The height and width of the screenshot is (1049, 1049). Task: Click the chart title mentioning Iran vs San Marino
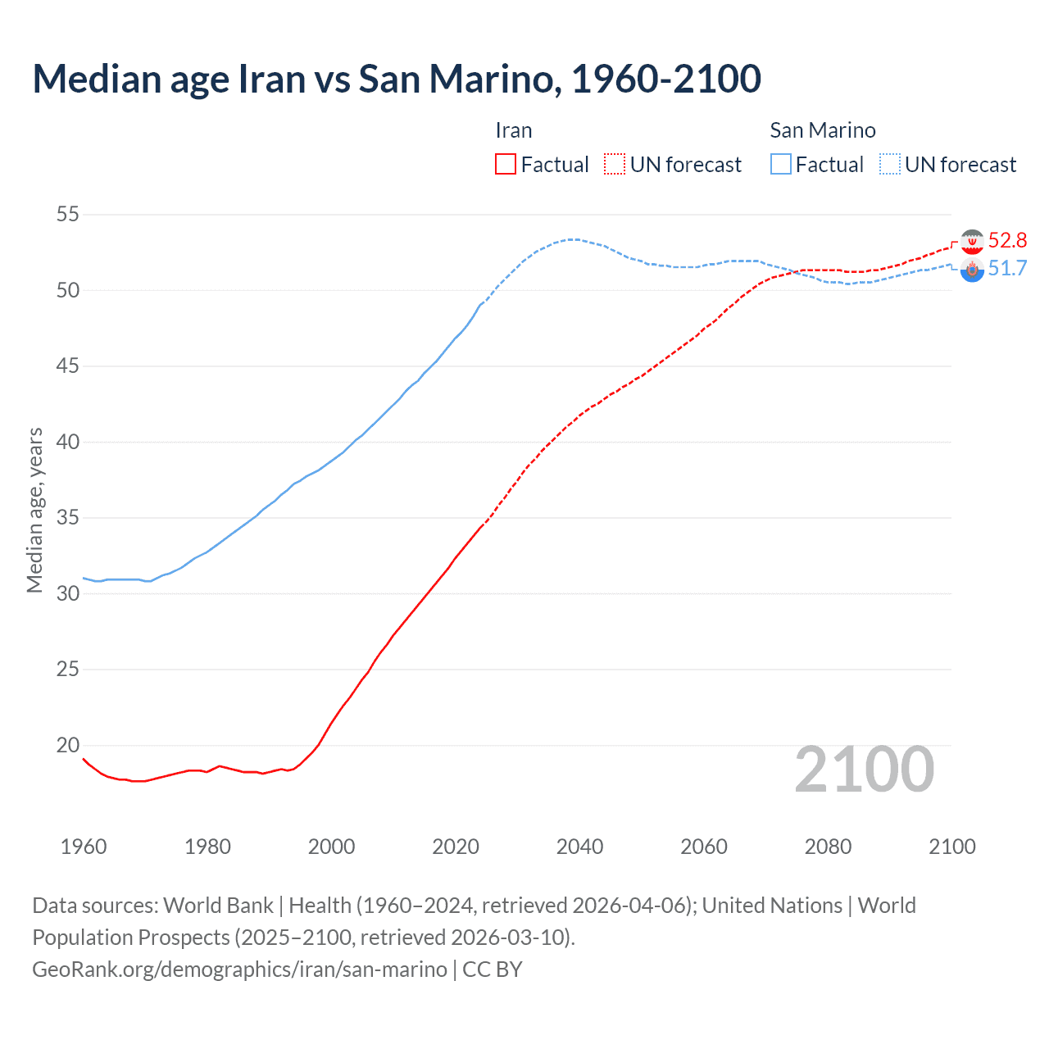(397, 79)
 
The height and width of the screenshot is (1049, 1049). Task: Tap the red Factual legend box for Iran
(506, 165)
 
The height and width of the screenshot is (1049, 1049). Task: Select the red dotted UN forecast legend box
(615, 165)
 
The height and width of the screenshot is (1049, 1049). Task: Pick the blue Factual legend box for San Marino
(781, 165)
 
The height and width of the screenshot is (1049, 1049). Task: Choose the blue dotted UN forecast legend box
(890, 165)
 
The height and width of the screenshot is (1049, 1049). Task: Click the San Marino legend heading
(822, 130)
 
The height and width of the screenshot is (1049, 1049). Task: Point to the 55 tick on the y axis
(68, 215)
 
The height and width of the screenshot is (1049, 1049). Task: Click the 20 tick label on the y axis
(68, 745)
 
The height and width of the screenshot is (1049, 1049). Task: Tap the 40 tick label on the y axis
(68, 443)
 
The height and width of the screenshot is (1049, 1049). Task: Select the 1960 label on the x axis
(84, 847)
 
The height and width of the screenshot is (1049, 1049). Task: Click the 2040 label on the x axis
(579, 847)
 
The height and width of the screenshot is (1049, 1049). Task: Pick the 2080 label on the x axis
(828, 847)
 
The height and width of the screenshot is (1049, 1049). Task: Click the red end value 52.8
(1007, 240)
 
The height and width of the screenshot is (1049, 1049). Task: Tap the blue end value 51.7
(1007, 269)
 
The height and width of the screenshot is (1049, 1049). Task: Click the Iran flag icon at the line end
(972, 242)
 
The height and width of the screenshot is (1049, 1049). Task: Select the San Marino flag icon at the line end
(972, 270)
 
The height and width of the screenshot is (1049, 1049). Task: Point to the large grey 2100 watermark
(864, 770)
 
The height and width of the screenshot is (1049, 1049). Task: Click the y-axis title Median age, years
(34, 510)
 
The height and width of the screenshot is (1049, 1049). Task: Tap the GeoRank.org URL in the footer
(239, 970)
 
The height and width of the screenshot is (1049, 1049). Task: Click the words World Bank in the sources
(218, 906)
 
